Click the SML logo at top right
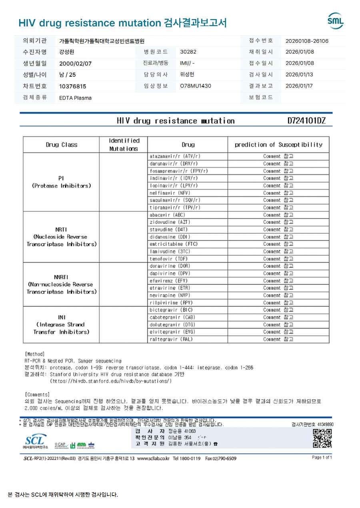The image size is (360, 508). point(335,21)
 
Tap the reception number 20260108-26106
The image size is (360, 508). point(307,41)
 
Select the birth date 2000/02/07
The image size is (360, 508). point(75,63)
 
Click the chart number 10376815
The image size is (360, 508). point(72,86)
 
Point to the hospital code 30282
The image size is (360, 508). point(188,52)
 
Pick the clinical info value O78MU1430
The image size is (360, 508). point(196,86)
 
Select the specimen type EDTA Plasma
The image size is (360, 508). point(75,98)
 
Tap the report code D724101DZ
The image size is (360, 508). point(306,121)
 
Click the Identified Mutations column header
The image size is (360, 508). point(124,144)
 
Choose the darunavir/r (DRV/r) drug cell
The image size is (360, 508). point(174,163)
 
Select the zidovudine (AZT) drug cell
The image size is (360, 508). point(167,222)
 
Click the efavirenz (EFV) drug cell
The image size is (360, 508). point(168,281)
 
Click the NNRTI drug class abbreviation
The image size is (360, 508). point(61,277)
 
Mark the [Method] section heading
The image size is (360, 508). point(34,354)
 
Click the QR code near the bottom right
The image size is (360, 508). point(322,438)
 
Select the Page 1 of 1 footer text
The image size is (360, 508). point(322,457)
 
